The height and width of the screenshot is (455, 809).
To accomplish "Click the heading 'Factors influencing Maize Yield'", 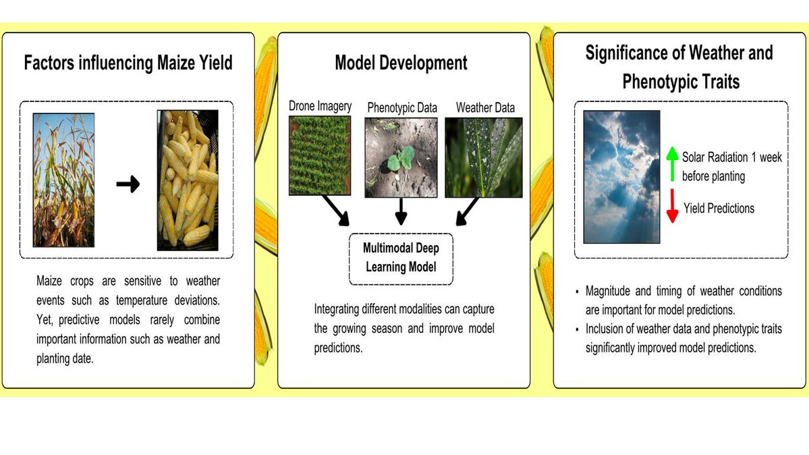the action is coord(128,63).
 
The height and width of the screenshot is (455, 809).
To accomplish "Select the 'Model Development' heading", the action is coord(401,63).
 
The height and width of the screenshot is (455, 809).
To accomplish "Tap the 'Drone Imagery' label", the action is coord(320,107).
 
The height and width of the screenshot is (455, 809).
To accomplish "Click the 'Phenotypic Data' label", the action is coord(402,107).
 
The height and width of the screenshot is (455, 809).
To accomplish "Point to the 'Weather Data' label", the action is coord(485,107).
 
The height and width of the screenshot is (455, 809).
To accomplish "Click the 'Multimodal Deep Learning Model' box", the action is coord(401,259).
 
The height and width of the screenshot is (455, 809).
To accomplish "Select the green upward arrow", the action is coord(672,164).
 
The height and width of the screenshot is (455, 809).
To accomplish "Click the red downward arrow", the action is coord(672,205).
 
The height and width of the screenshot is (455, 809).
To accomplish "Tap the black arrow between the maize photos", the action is coord(128,184).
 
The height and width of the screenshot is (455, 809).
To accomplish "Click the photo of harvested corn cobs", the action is coord(188,180).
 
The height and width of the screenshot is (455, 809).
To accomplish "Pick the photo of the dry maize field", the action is coord(63,180).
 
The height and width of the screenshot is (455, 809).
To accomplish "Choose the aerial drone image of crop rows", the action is coord(320,155).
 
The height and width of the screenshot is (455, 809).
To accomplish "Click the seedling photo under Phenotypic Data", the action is coord(401,157).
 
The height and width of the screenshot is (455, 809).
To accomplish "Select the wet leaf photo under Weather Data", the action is coord(483,157).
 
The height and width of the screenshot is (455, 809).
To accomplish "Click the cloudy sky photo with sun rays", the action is coord(621,177).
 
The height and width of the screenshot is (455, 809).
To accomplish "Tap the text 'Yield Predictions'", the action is coord(719,208).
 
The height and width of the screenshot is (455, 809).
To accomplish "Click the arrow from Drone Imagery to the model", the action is coord(335,210).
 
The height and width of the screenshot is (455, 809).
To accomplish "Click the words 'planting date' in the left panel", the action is coord(65,358).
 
